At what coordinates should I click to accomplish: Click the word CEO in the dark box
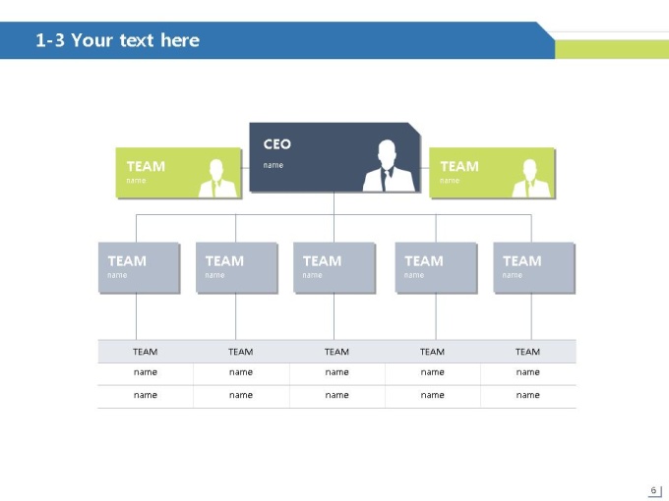(x=276, y=144)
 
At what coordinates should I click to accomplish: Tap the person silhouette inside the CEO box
(x=389, y=166)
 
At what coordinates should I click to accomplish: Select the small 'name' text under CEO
(x=274, y=165)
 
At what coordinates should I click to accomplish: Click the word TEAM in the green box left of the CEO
(x=146, y=166)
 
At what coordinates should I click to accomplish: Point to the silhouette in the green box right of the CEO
(x=530, y=178)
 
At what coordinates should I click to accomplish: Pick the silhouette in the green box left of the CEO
(x=217, y=178)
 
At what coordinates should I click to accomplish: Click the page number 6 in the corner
(x=653, y=490)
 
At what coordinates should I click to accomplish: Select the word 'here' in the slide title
(x=180, y=40)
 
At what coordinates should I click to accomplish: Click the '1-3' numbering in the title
(x=50, y=40)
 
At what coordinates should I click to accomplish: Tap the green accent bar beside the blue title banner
(x=612, y=49)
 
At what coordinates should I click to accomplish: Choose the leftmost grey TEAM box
(x=139, y=267)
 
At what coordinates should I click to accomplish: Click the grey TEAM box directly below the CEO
(x=334, y=267)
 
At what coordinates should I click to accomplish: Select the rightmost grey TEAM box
(x=534, y=267)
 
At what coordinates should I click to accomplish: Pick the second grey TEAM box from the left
(x=236, y=267)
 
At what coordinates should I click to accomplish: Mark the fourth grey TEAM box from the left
(x=436, y=267)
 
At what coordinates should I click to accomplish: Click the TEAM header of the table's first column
(x=145, y=352)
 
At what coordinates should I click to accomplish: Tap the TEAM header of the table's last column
(x=527, y=352)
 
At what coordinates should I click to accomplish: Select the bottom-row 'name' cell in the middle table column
(x=337, y=395)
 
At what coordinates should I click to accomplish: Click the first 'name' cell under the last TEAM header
(x=527, y=372)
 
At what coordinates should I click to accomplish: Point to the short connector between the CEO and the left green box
(x=245, y=168)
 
